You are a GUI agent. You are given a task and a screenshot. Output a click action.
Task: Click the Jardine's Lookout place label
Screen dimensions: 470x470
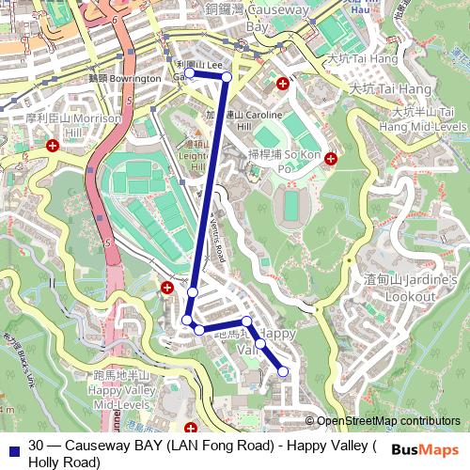[399, 288]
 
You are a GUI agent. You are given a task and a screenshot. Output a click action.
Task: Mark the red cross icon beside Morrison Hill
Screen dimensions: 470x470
[54, 146]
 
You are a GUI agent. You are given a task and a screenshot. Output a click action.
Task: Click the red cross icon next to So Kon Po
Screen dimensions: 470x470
[330, 159]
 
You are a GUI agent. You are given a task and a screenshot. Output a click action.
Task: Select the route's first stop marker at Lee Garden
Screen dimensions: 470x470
[189, 72]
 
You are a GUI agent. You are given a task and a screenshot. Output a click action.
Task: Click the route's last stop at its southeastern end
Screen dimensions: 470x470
[283, 373]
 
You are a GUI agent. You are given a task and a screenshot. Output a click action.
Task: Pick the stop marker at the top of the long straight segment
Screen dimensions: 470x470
[227, 77]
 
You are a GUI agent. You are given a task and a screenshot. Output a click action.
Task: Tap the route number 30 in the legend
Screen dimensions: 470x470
[36, 446]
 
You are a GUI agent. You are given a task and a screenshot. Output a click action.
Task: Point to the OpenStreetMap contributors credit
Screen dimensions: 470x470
[387, 421]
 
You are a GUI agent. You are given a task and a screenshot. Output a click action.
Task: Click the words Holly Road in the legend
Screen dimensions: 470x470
[64, 462]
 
